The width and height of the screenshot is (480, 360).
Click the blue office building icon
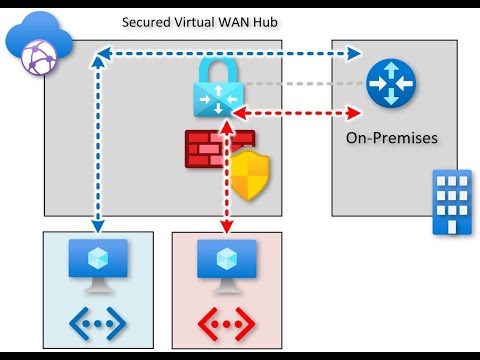tap(451, 201)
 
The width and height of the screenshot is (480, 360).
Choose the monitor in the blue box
tap(97, 266)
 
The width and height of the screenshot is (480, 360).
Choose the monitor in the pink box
tap(226, 266)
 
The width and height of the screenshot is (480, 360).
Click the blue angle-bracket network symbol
tap(97, 322)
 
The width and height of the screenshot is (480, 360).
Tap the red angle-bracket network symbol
tap(226, 322)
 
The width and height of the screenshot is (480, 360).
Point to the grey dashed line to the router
tap(300, 84)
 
